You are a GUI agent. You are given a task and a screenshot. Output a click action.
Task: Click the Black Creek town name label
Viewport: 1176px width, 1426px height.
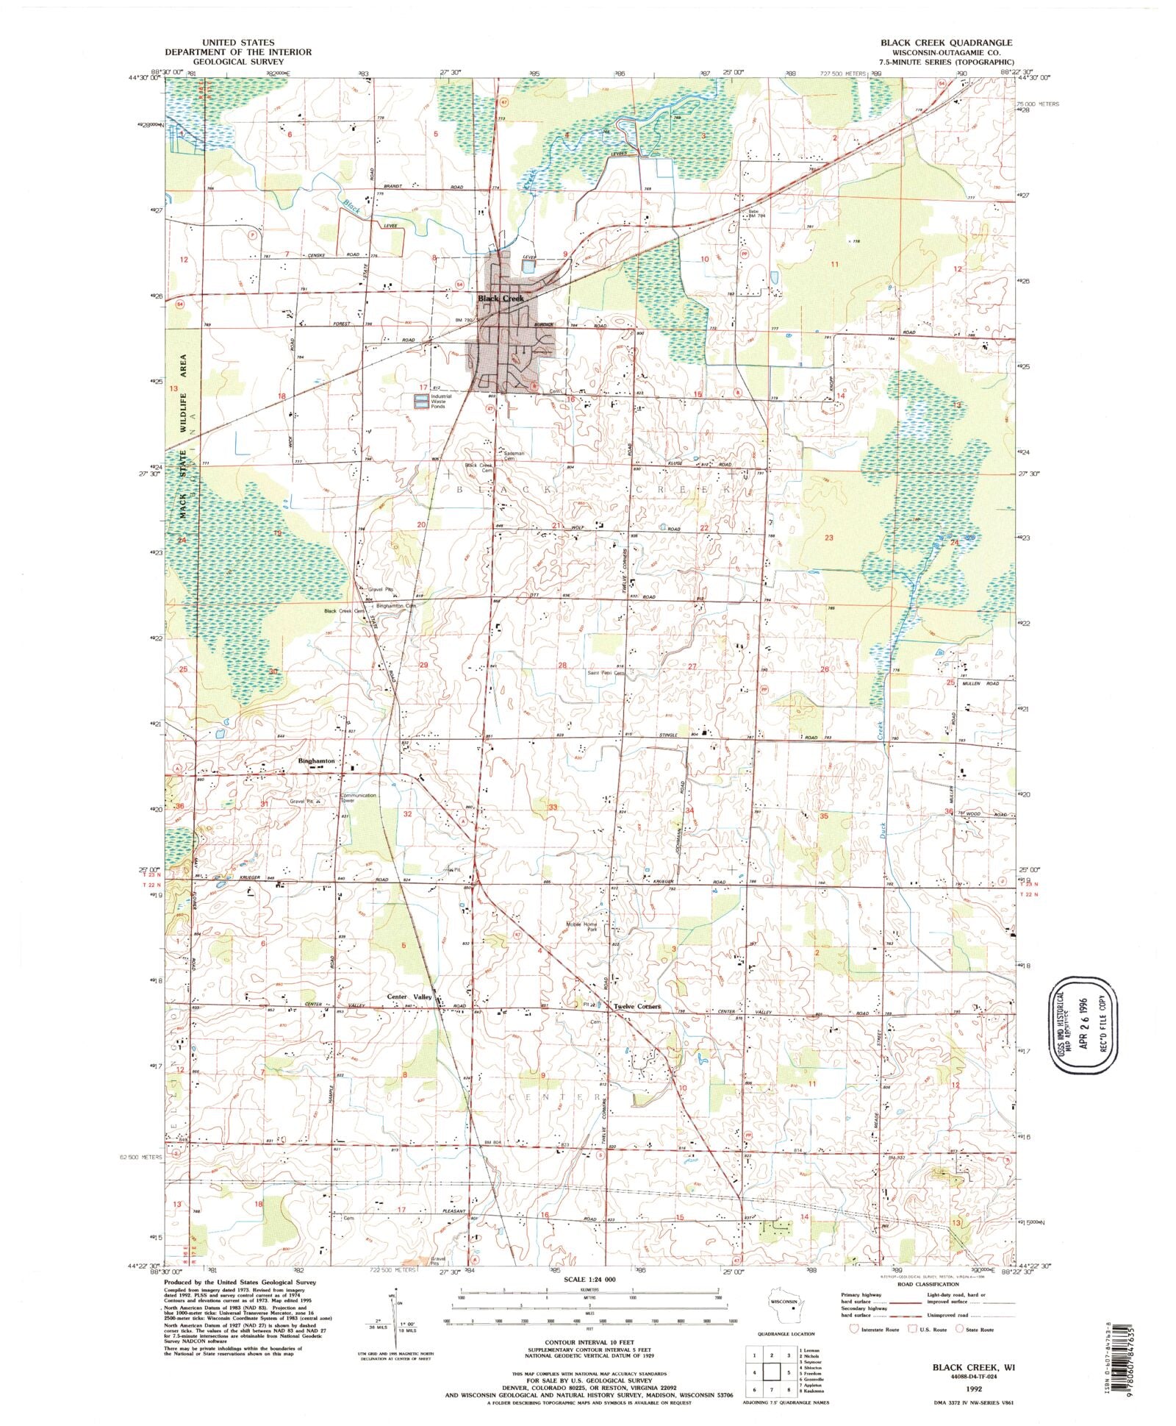click(x=501, y=299)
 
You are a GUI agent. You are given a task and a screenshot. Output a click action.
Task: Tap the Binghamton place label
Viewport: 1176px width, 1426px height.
click(x=316, y=761)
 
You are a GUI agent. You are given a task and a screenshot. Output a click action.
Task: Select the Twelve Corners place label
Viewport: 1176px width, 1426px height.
click(x=637, y=1006)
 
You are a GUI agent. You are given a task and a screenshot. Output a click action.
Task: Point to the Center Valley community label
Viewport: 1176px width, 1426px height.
click(x=409, y=997)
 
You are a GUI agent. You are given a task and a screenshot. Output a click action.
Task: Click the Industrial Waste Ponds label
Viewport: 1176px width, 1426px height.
click(x=442, y=402)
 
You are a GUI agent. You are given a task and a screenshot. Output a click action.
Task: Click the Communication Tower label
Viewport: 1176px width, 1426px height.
click(x=358, y=797)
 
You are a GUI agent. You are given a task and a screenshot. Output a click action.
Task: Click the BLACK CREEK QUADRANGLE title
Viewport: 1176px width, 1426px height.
click(x=946, y=43)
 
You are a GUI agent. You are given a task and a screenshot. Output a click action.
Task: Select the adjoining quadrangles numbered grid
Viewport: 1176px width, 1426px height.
click(x=771, y=1372)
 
